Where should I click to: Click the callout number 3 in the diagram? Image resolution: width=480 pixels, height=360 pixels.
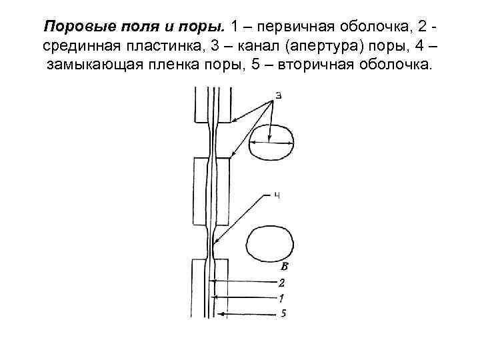tap(278, 95)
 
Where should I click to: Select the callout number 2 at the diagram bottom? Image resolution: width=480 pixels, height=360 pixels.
tap(282, 282)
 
